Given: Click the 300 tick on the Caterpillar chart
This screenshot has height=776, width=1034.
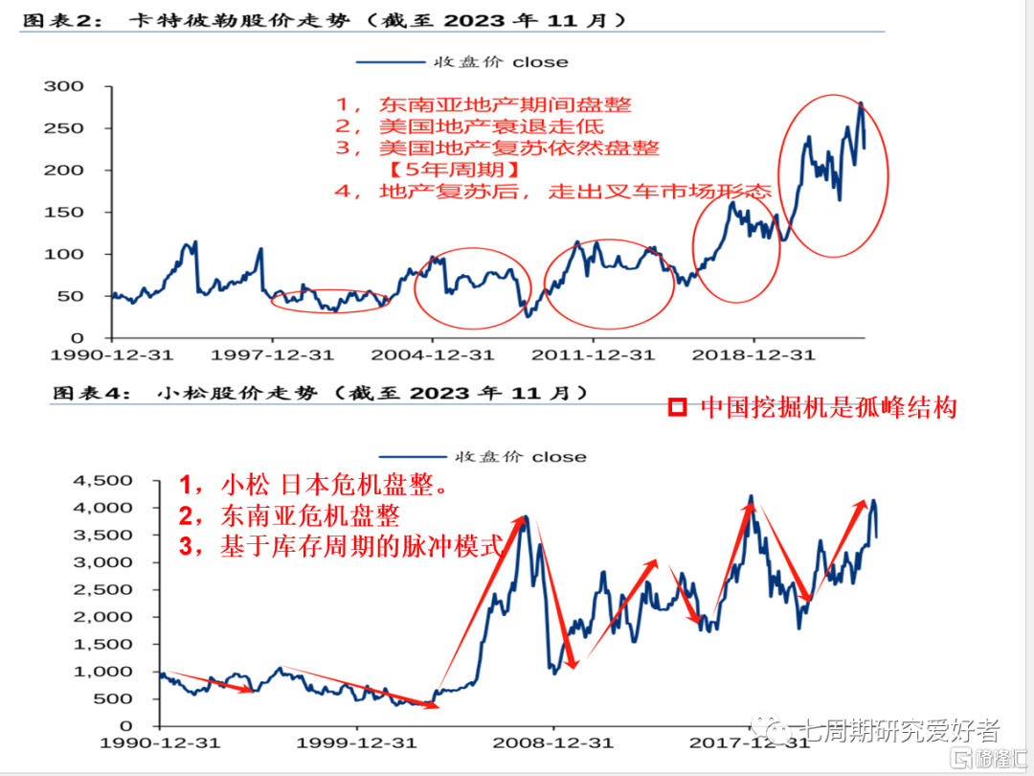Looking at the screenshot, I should tap(64, 87).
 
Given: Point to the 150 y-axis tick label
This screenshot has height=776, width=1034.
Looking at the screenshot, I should tap(64, 213).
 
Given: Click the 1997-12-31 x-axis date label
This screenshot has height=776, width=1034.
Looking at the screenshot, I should tap(272, 355).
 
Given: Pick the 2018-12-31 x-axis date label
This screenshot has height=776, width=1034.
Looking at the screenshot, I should tap(753, 355).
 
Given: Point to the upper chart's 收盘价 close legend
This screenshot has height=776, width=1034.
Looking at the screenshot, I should tap(462, 62).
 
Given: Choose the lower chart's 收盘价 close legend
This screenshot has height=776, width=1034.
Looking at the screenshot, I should tap(482, 457).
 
